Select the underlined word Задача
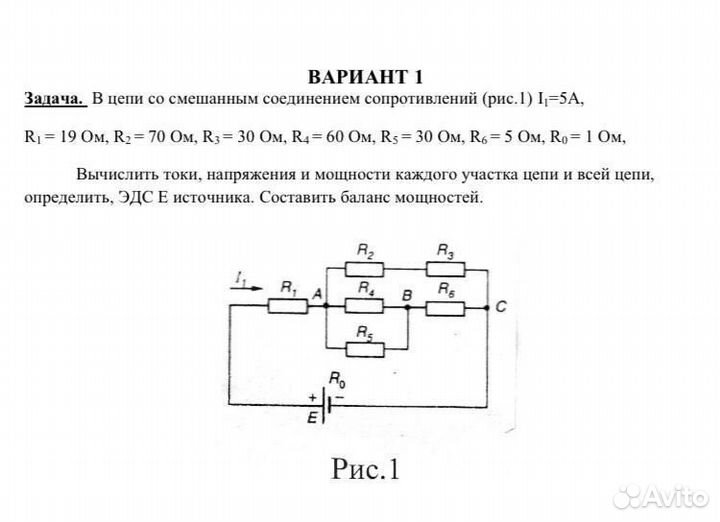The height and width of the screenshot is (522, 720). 55,100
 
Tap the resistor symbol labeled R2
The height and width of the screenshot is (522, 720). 365,269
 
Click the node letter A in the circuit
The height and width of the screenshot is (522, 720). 317,293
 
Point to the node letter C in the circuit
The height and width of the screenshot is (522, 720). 500,307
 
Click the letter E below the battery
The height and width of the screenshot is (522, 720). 312,420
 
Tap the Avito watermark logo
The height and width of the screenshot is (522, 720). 661,496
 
